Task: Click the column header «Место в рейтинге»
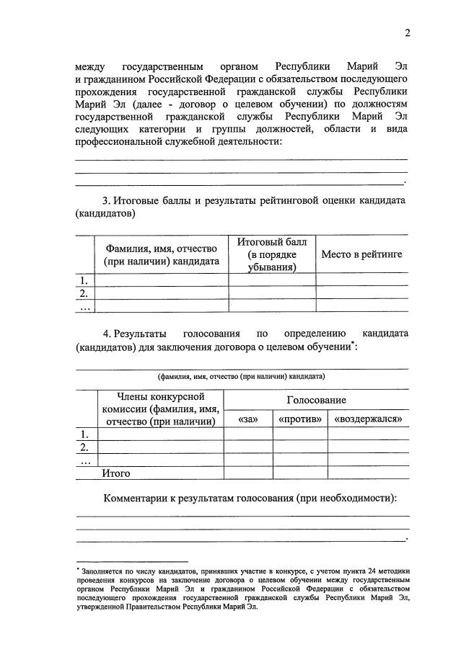[x=361, y=254]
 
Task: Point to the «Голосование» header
[x=316, y=400]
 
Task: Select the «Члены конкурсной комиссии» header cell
[x=160, y=409]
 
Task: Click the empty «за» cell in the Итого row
[x=247, y=473]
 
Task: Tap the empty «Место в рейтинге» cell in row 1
[x=361, y=280]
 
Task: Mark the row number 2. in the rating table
[x=84, y=292]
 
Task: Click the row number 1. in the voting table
[x=84, y=434]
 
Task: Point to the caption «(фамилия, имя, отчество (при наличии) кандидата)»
[x=242, y=376]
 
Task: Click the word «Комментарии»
[x=136, y=499]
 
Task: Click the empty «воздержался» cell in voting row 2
[x=367, y=447]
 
